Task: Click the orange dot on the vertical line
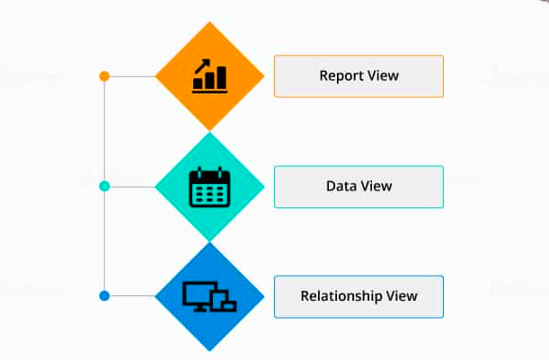click(x=104, y=76)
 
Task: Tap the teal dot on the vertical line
click(x=104, y=186)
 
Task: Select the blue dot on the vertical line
click(x=104, y=296)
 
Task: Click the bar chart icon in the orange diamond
click(x=209, y=76)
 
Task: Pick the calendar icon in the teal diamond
click(x=209, y=187)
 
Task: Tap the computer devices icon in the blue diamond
click(x=209, y=296)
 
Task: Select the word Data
click(x=339, y=186)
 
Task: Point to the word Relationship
click(x=341, y=296)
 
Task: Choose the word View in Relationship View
click(x=402, y=296)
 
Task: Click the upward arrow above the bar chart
click(x=202, y=66)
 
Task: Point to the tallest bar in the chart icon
click(x=222, y=77)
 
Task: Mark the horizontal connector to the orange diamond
click(x=132, y=76)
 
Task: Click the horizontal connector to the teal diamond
click(x=132, y=187)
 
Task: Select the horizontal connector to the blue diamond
click(x=132, y=296)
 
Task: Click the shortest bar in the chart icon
click(x=198, y=83)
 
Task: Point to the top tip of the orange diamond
click(x=209, y=22)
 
